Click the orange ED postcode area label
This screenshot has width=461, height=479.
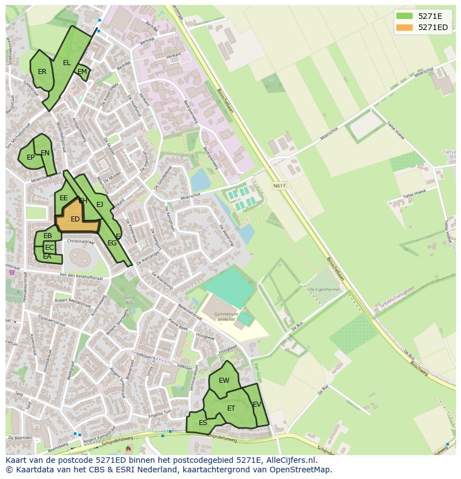tap(75, 219)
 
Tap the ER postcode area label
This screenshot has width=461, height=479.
tap(42, 72)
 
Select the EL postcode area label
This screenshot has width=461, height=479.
tap(67, 63)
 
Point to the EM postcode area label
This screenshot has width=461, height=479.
tap(82, 72)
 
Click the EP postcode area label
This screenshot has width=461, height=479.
tap(31, 157)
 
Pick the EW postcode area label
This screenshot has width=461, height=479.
tap(224, 381)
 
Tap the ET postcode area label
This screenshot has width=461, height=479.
tap(231, 408)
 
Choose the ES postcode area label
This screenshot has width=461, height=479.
tap(203, 423)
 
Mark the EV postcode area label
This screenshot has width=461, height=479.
tap(257, 404)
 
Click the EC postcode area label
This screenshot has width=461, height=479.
tap(50, 248)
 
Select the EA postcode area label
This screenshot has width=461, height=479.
tap(47, 256)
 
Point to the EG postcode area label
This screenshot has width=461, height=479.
tap(112, 243)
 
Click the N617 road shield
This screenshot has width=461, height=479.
tap(279, 186)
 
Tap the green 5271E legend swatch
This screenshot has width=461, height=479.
tap(405, 16)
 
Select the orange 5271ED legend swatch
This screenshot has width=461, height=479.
tap(405, 27)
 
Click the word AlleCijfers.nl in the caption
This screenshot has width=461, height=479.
tap(290, 460)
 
